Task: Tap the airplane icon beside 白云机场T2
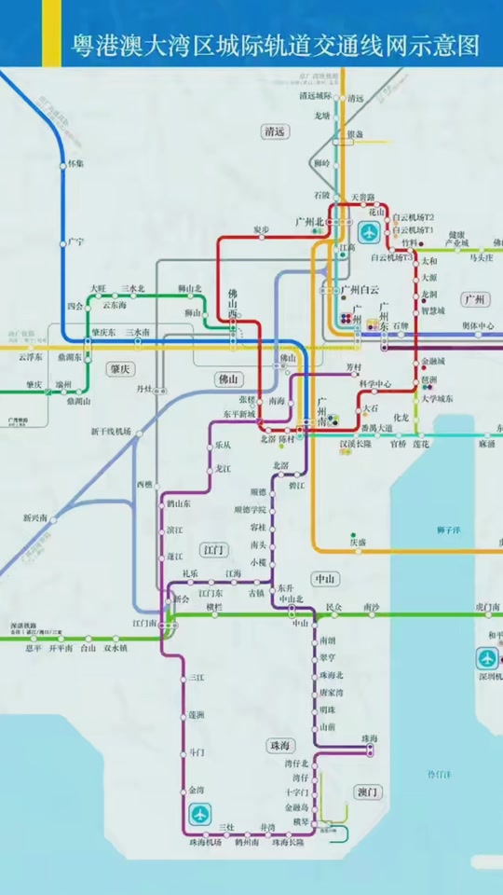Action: pyautogui.click(x=370, y=231)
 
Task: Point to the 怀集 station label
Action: pyautogui.click(x=76, y=163)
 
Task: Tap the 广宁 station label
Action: pyautogui.click(x=76, y=241)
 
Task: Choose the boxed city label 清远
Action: pyautogui.click(x=274, y=131)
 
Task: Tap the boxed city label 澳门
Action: pyautogui.click(x=368, y=792)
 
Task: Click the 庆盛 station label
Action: pyautogui.click(x=358, y=541)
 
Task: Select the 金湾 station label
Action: pyautogui.click(x=196, y=790)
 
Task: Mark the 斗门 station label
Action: pyautogui.click(x=197, y=751)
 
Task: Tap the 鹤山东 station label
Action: pyautogui.click(x=180, y=503)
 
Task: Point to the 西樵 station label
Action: pyautogui.click(x=144, y=485)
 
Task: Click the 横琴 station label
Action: pyautogui.click(x=300, y=821)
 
